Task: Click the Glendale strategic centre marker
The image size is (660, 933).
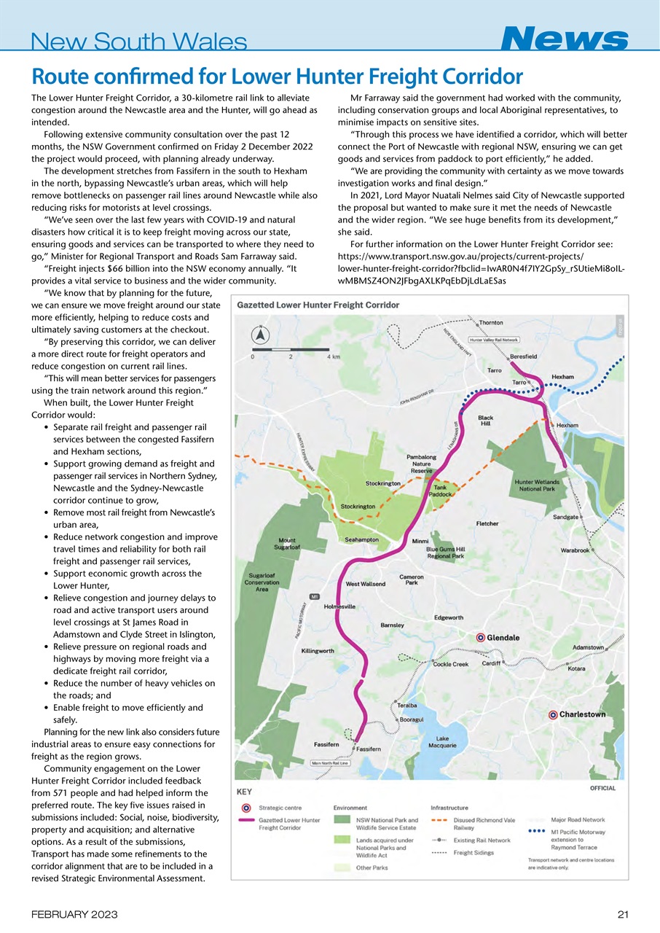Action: pyautogui.click(x=480, y=637)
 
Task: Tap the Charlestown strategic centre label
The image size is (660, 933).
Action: pyautogui.click(x=582, y=714)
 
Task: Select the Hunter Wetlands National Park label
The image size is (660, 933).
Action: pyautogui.click(x=537, y=486)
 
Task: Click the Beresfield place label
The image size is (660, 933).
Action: pyautogui.click(x=524, y=356)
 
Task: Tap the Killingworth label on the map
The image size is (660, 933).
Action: pyautogui.click(x=318, y=650)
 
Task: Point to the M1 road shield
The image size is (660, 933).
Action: pyautogui.click(x=315, y=597)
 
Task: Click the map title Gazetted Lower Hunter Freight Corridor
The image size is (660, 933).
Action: pyautogui.click(x=318, y=305)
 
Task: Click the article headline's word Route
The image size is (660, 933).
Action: pyautogui.click(x=56, y=77)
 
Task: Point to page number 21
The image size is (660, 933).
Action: pyautogui.click(x=621, y=915)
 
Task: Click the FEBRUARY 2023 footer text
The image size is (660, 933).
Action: pyautogui.click(x=70, y=915)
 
